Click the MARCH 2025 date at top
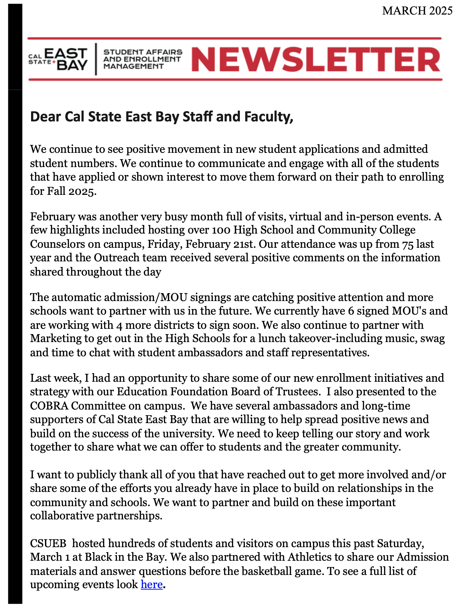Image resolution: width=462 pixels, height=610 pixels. [417, 11]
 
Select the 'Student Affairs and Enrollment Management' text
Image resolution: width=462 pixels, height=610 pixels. [143, 59]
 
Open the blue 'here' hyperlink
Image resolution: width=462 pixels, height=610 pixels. [152, 585]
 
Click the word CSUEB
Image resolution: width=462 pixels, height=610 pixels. [49, 543]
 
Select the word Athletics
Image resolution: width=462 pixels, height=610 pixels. [310, 557]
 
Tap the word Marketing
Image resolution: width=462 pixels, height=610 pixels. [56, 338]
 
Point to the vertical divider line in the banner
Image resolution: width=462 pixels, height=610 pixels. [96, 59]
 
